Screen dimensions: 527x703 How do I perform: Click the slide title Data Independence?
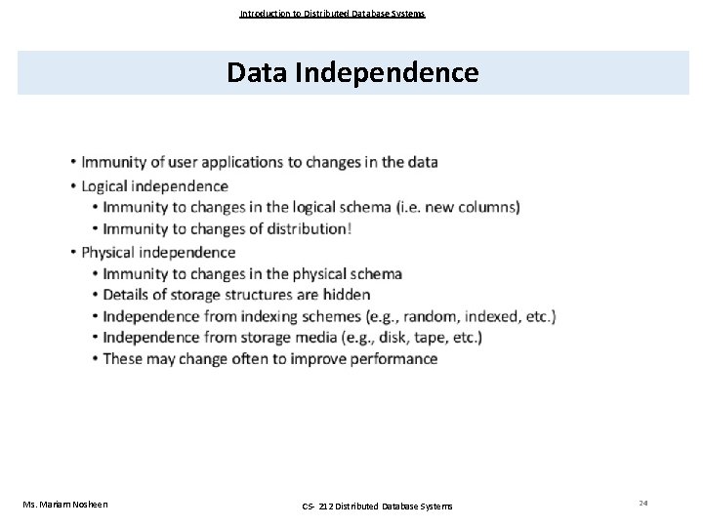352,72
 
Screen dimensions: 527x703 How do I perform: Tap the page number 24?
643,502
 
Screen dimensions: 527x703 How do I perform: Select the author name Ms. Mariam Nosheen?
65,504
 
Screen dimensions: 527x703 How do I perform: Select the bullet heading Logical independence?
154,185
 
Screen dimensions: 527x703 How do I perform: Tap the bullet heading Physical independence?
158,252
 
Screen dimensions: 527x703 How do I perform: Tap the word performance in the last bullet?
391,359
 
